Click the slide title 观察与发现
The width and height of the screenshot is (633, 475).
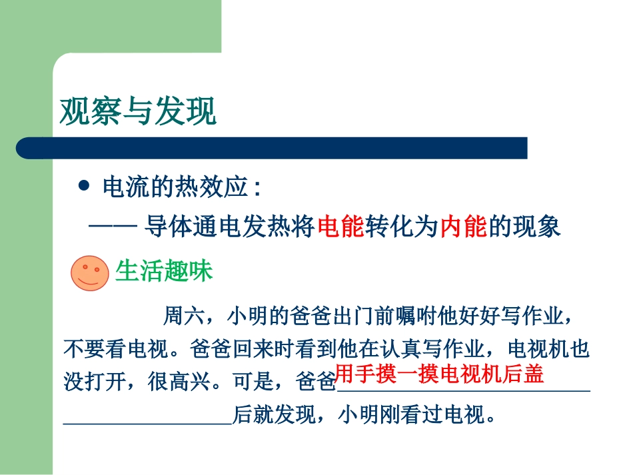pos(138,111)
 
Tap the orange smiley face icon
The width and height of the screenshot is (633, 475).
pos(90,272)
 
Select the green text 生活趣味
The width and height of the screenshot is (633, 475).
pos(164,271)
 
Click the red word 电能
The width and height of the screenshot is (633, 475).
pos(341,228)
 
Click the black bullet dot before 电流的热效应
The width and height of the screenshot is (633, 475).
pos(83,187)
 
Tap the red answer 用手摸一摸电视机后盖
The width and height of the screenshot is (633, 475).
pos(439,374)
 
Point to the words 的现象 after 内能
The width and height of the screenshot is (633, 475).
pos(525,228)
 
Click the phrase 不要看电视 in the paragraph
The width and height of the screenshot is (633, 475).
pos(112,348)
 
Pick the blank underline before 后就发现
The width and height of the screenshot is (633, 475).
pos(147,421)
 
